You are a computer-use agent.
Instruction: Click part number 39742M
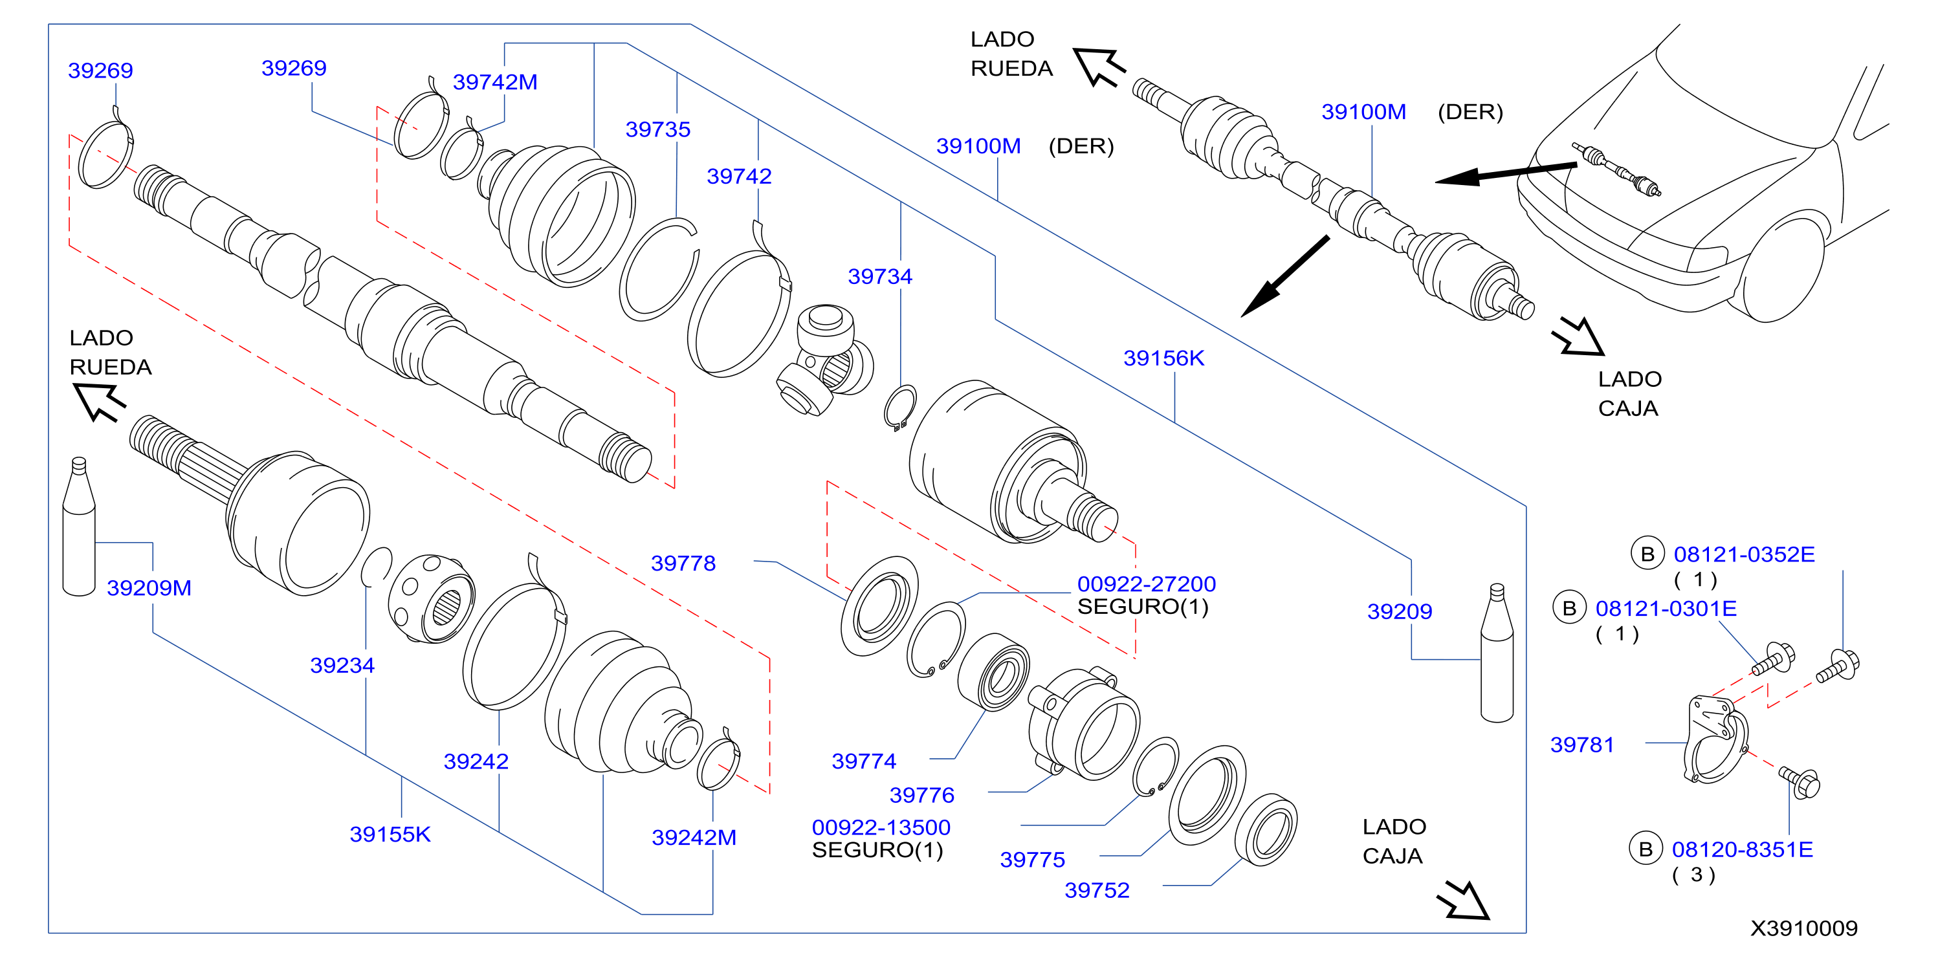pos(495,82)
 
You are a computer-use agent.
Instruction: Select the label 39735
pos(657,129)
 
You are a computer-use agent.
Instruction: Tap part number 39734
pos(879,277)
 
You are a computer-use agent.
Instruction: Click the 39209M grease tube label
pos(149,587)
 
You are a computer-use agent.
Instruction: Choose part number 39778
pos(683,563)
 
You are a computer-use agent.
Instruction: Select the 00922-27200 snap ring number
pos(1147,584)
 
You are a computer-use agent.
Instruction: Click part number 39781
pos(1582,745)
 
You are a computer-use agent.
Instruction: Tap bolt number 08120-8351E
pos(1743,849)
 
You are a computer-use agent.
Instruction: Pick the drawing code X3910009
pos(1804,928)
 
